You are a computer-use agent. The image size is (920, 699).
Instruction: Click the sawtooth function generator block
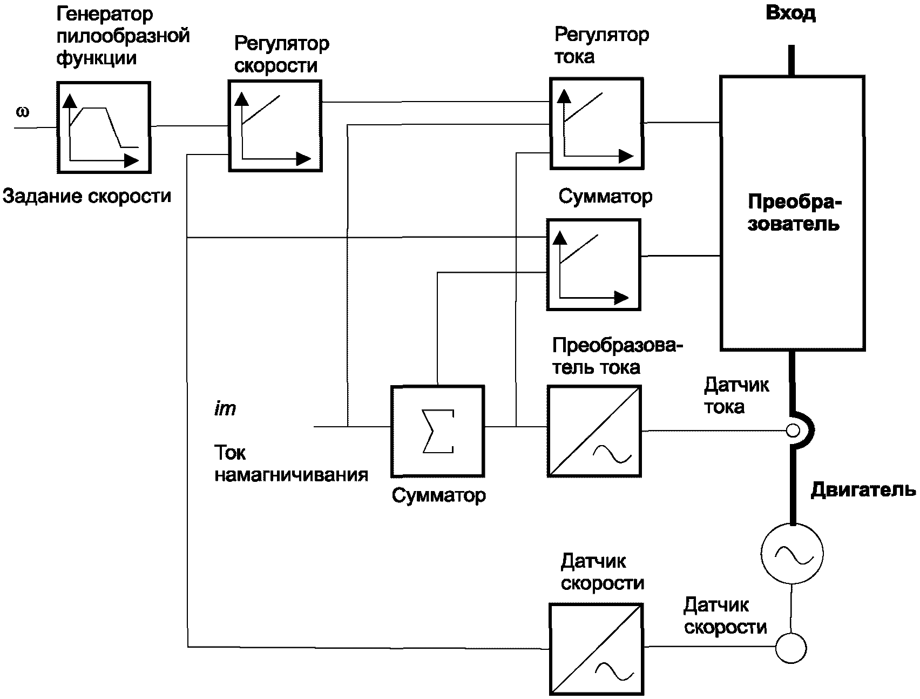104,127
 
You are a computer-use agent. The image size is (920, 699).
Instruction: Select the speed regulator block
275,126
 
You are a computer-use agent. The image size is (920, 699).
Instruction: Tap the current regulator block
597,123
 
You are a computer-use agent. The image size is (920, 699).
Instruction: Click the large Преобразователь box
792,213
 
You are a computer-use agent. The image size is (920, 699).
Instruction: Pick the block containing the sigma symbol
437,431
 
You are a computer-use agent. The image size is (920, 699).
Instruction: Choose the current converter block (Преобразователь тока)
594,431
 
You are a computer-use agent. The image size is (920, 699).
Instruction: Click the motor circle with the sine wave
792,553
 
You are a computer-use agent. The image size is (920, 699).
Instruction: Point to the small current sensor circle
793,431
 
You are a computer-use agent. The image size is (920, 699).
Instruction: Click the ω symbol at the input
23,112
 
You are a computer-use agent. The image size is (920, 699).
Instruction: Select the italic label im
225,409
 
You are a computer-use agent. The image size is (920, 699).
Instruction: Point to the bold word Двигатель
863,490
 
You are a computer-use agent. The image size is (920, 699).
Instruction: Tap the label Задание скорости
87,196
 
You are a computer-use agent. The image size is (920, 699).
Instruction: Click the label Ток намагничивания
291,463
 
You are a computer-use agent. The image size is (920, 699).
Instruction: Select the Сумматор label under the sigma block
438,495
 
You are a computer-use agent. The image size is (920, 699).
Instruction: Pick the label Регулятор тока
601,45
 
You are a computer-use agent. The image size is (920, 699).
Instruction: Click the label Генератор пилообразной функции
123,36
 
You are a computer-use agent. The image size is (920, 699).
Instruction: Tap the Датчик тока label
736,396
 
